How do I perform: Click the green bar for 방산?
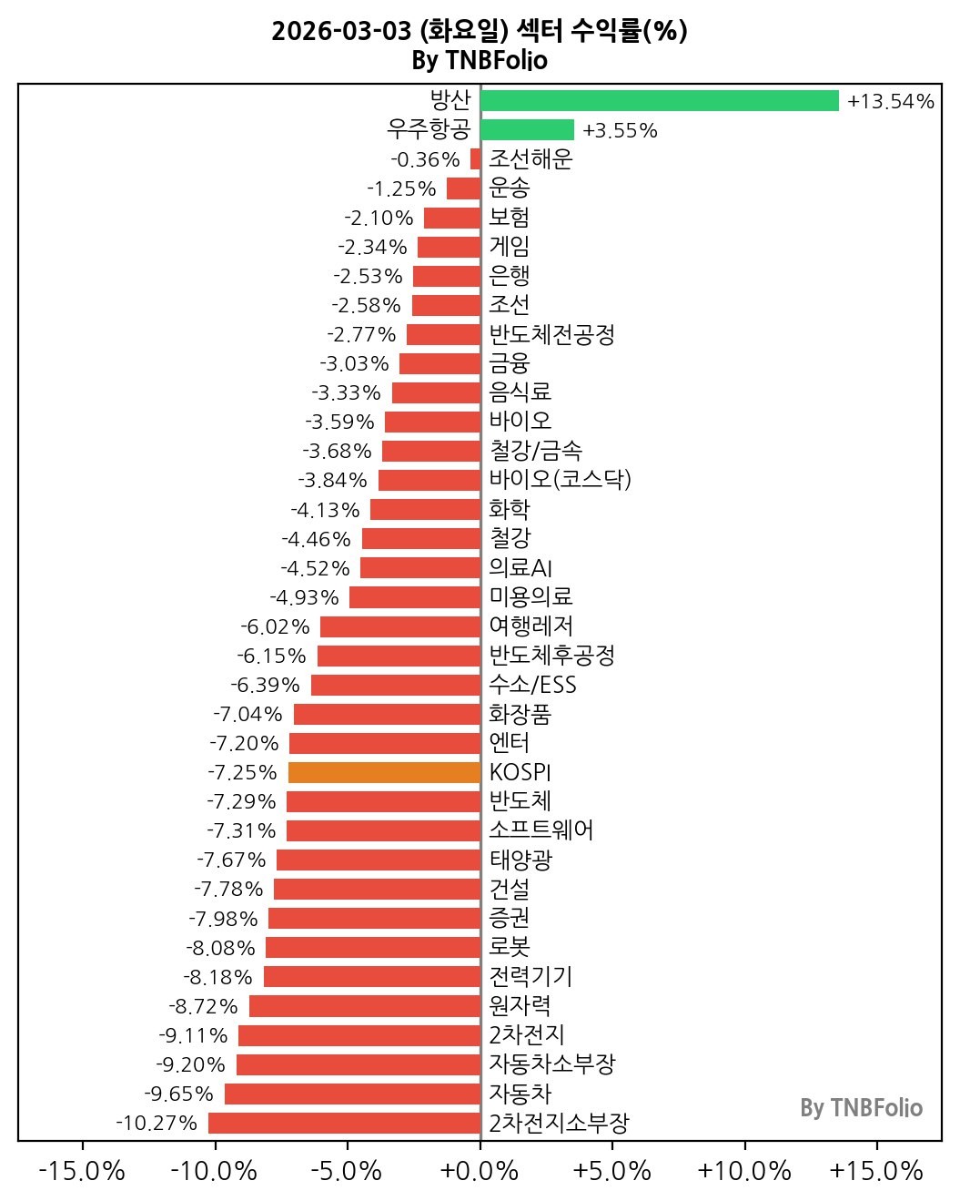point(659,100)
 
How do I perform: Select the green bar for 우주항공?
point(527,130)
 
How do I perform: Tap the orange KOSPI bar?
point(384,772)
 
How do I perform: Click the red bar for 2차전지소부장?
point(344,1123)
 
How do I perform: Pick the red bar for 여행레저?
point(400,626)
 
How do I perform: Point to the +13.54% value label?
point(890,101)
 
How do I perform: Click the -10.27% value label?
point(157,1123)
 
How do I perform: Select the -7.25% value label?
point(242,772)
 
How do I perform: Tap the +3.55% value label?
point(620,130)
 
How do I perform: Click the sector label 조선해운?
point(531,159)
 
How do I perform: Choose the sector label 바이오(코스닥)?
point(560,480)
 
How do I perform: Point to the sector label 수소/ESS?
point(532,685)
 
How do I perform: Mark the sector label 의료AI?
point(520,568)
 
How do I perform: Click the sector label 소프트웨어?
point(541,830)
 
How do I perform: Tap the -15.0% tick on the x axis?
point(83,1170)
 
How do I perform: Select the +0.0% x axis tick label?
point(480,1170)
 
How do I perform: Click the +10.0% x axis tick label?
point(744,1170)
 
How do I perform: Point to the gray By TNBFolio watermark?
point(861,1108)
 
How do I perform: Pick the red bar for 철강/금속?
point(431,451)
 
